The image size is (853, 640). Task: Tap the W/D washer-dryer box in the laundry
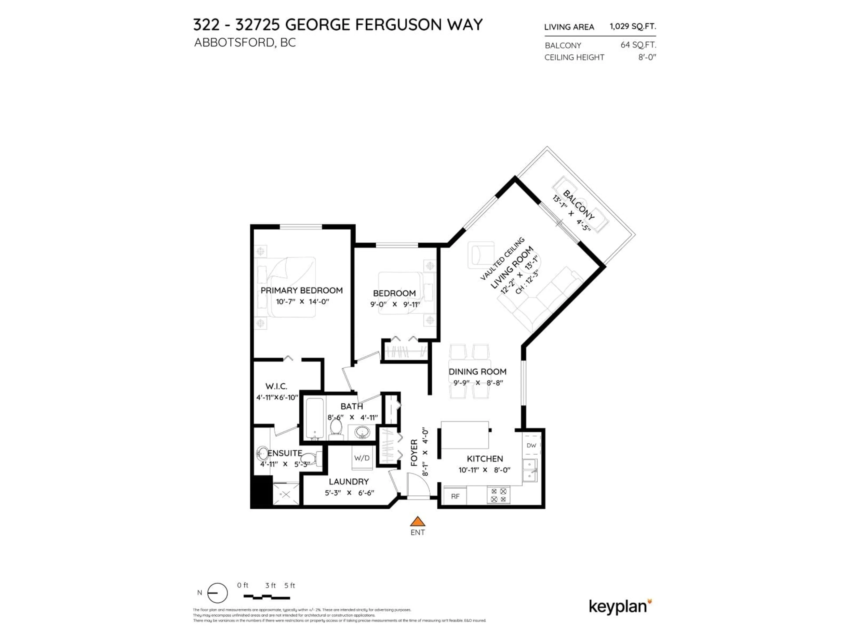[362, 458]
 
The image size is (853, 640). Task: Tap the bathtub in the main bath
[315, 419]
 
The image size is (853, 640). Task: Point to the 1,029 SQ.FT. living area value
[632, 26]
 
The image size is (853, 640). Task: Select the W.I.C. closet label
[276, 386]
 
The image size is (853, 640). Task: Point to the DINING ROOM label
[477, 372]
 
